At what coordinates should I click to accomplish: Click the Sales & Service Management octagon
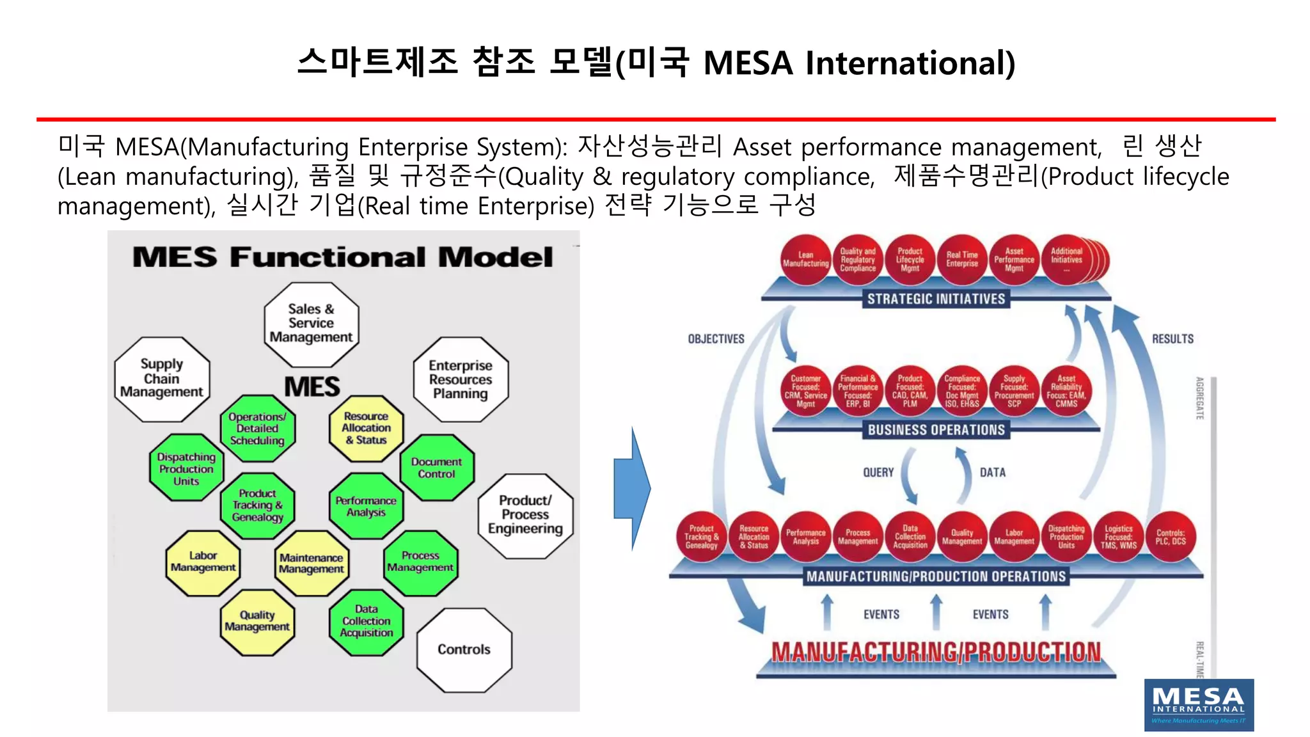coord(311,324)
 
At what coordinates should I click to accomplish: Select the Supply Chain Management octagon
coord(162,379)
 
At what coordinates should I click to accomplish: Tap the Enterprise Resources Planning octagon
coord(461,379)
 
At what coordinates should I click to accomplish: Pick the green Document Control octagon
coord(437,468)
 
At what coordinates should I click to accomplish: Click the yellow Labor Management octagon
coord(203,562)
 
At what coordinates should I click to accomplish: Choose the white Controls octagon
coord(464,650)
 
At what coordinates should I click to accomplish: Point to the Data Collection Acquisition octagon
coord(367,622)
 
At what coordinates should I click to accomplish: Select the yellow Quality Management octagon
coord(257,622)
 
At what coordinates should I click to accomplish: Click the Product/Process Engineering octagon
coord(525,515)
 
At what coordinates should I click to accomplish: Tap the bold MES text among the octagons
coord(312,387)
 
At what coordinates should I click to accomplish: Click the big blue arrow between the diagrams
coord(631,488)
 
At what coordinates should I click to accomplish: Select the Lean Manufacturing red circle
coord(805,260)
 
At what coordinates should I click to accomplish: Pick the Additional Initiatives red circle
coord(1067,259)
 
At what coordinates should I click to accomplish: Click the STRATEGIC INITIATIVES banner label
coord(936,299)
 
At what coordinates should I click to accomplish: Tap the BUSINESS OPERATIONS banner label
coord(936,430)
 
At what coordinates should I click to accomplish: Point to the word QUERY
coord(878,473)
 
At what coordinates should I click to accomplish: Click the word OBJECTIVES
coord(716,339)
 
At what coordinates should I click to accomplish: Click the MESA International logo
coord(1198,704)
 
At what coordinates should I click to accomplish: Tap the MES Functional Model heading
coord(342,257)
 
